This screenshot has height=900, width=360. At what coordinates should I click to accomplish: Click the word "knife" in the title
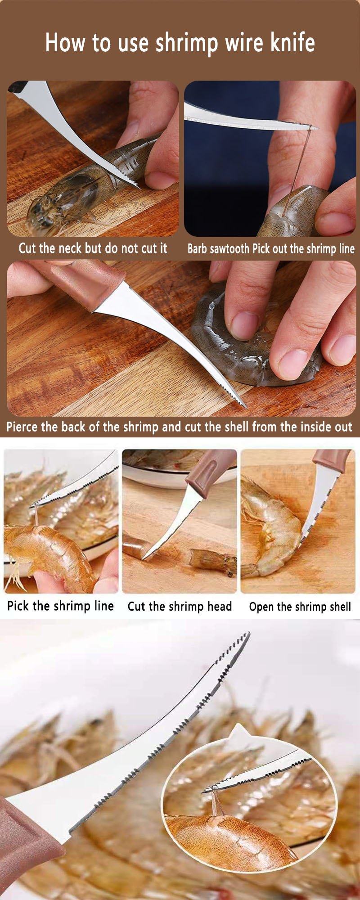pyautogui.click(x=292, y=43)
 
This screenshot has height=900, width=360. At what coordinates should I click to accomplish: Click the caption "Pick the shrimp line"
pyautogui.click(x=60, y=606)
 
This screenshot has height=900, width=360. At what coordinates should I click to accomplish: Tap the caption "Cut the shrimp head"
pyautogui.click(x=180, y=606)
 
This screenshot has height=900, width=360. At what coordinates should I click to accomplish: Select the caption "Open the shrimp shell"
pyautogui.click(x=300, y=607)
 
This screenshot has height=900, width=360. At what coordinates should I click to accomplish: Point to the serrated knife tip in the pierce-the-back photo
pyautogui.click(x=234, y=396)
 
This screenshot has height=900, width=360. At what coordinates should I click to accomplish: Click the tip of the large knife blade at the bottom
pyautogui.click(x=247, y=634)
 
